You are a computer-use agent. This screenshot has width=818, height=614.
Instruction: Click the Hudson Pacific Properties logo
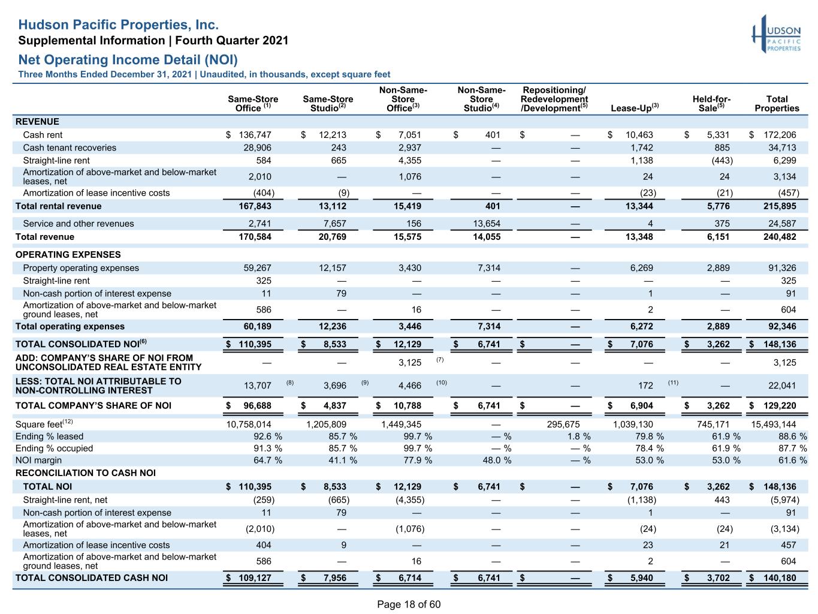pyautogui.click(x=775, y=34)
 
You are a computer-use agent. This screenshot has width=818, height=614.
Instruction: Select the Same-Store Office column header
pyautogui.click(x=253, y=103)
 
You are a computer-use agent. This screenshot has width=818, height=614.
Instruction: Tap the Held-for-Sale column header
pyautogui.click(x=711, y=103)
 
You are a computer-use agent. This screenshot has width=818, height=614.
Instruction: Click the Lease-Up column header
pyautogui.click(x=634, y=108)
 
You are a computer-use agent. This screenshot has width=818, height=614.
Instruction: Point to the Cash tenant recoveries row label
pyautogui.click(x=70, y=148)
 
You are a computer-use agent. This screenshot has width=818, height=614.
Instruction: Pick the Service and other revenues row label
pyautogui.click(x=79, y=223)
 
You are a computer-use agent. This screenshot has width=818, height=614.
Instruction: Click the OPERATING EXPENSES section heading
pyautogui.click(x=68, y=254)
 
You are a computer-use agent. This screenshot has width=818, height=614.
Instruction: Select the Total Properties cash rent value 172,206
pyautogui.click(x=779, y=134)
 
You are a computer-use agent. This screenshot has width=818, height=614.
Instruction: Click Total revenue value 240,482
pyautogui.click(x=779, y=237)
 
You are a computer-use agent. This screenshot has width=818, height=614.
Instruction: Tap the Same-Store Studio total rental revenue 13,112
pyautogui.click(x=332, y=206)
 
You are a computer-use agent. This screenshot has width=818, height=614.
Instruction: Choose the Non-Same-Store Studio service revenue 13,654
pyautogui.click(x=487, y=223)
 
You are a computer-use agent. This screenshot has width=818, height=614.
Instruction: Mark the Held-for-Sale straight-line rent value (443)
pyautogui.click(x=722, y=160)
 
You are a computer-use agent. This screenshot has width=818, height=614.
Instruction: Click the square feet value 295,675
pyautogui.click(x=563, y=425)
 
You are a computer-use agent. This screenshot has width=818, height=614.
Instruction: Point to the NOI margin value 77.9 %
pyautogui.click(x=418, y=460)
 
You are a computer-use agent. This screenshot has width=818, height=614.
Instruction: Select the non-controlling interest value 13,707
pyautogui.click(x=257, y=386)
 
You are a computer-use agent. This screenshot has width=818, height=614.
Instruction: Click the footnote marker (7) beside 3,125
pyautogui.click(x=440, y=360)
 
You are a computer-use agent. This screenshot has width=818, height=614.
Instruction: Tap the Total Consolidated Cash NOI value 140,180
pyautogui.click(x=779, y=577)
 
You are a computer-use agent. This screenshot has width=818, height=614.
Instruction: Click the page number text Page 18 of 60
pyautogui.click(x=409, y=604)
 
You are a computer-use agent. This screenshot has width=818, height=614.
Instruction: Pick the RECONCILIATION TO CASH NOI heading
pyautogui.click(x=85, y=472)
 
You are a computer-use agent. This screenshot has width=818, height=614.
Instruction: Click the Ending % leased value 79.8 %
pyautogui.click(x=649, y=436)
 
